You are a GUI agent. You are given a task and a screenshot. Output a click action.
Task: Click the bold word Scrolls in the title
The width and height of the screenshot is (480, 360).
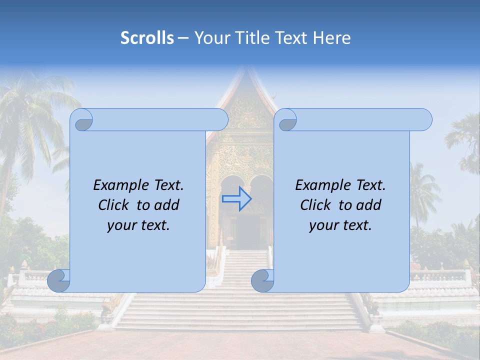point(147,38)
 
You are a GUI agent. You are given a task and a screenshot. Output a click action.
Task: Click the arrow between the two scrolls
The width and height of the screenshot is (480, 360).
point(236,198)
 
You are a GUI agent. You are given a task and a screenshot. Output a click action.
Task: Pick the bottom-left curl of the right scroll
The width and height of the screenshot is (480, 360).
point(263,280)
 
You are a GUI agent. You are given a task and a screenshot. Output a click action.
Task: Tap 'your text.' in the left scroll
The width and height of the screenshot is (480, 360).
point(138,225)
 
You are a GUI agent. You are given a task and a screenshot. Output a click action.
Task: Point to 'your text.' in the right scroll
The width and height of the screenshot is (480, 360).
point(340,225)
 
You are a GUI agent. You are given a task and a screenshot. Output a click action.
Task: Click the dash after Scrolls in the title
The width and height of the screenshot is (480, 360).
point(183,38)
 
